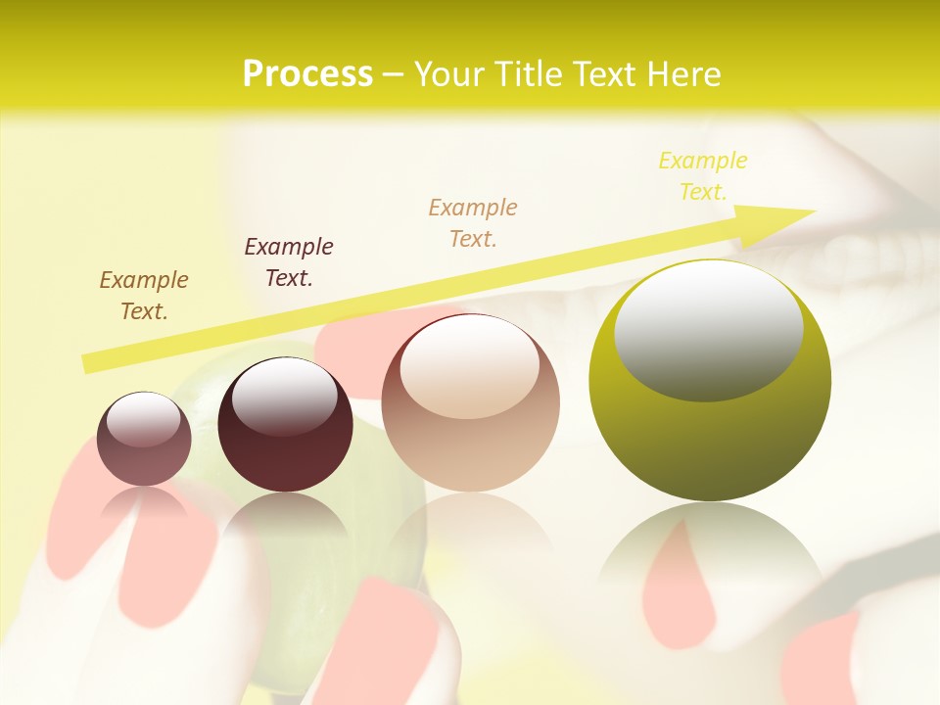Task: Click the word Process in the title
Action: click(307, 74)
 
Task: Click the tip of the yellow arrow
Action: click(813, 211)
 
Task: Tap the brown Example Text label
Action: click(143, 296)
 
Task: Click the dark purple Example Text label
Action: click(289, 261)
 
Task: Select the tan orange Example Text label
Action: click(473, 222)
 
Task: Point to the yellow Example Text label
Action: click(703, 176)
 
